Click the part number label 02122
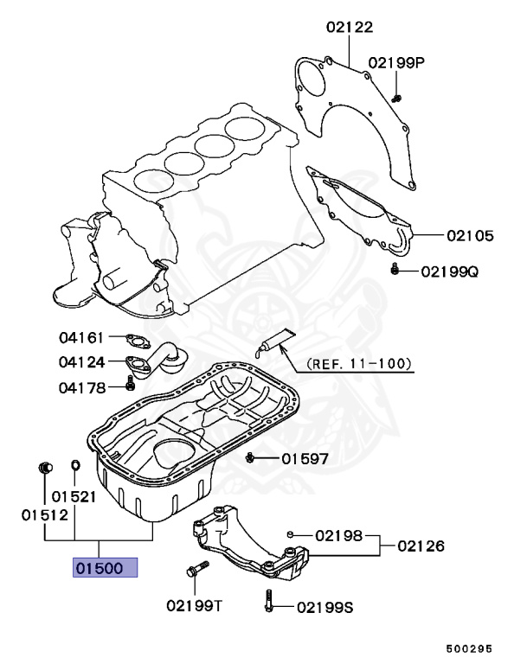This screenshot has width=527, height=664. tap(350, 27)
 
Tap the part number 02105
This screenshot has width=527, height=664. tap(471, 234)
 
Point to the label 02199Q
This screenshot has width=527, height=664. tap(450, 271)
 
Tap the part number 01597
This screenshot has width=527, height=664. tap(304, 458)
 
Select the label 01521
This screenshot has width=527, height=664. tap(73, 497)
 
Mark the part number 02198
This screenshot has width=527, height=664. tap(338, 535)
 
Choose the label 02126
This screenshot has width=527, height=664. tap(421, 546)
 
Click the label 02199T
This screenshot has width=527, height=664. tap(195, 606)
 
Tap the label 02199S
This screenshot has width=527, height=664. tap(325, 608)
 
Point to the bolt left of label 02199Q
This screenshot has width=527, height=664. tap(395, 271)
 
